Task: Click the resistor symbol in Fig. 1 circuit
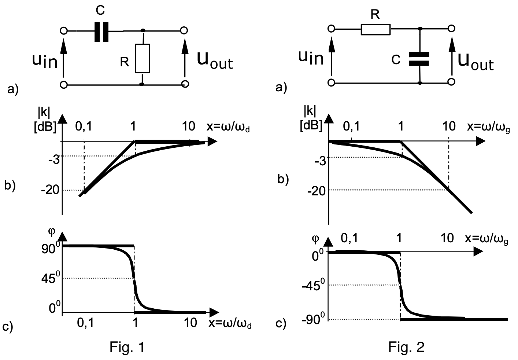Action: click(142, 58)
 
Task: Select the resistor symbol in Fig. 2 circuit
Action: click(375, 29)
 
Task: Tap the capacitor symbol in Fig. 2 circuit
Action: click(419, 59)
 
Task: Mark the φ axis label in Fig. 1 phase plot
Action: click(51, 231)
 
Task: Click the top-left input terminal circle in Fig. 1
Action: click(64, 31)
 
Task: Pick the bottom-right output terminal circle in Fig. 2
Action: click(452, 82)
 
